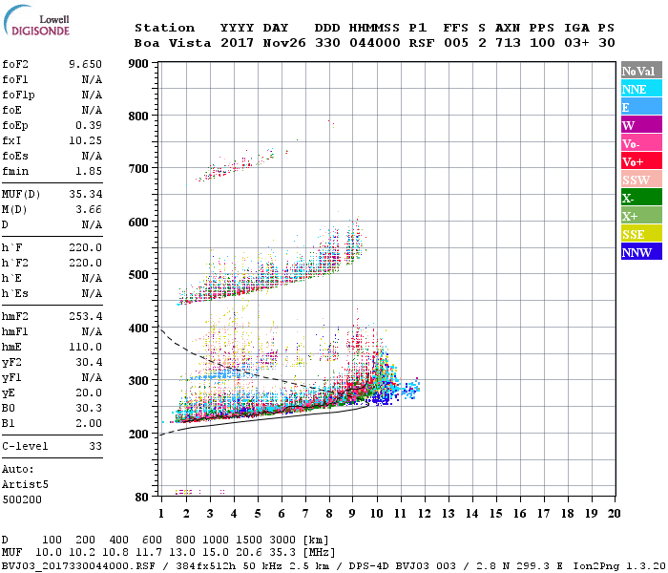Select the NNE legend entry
(x=641, y=89)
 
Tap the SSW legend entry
(x=641, y=180)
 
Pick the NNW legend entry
(x=641, y=252)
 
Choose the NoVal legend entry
(x=641, y=71)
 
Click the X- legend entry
(x=641, y=198)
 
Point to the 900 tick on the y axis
(x=138, y=64)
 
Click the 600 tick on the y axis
(x=138, y=223)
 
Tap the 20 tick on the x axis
(x=614, y=513)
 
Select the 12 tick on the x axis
(x=423, y=513)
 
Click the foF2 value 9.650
(x=85, y=64)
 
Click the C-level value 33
(x=94, y=446)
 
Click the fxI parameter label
(x=12, y=139)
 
